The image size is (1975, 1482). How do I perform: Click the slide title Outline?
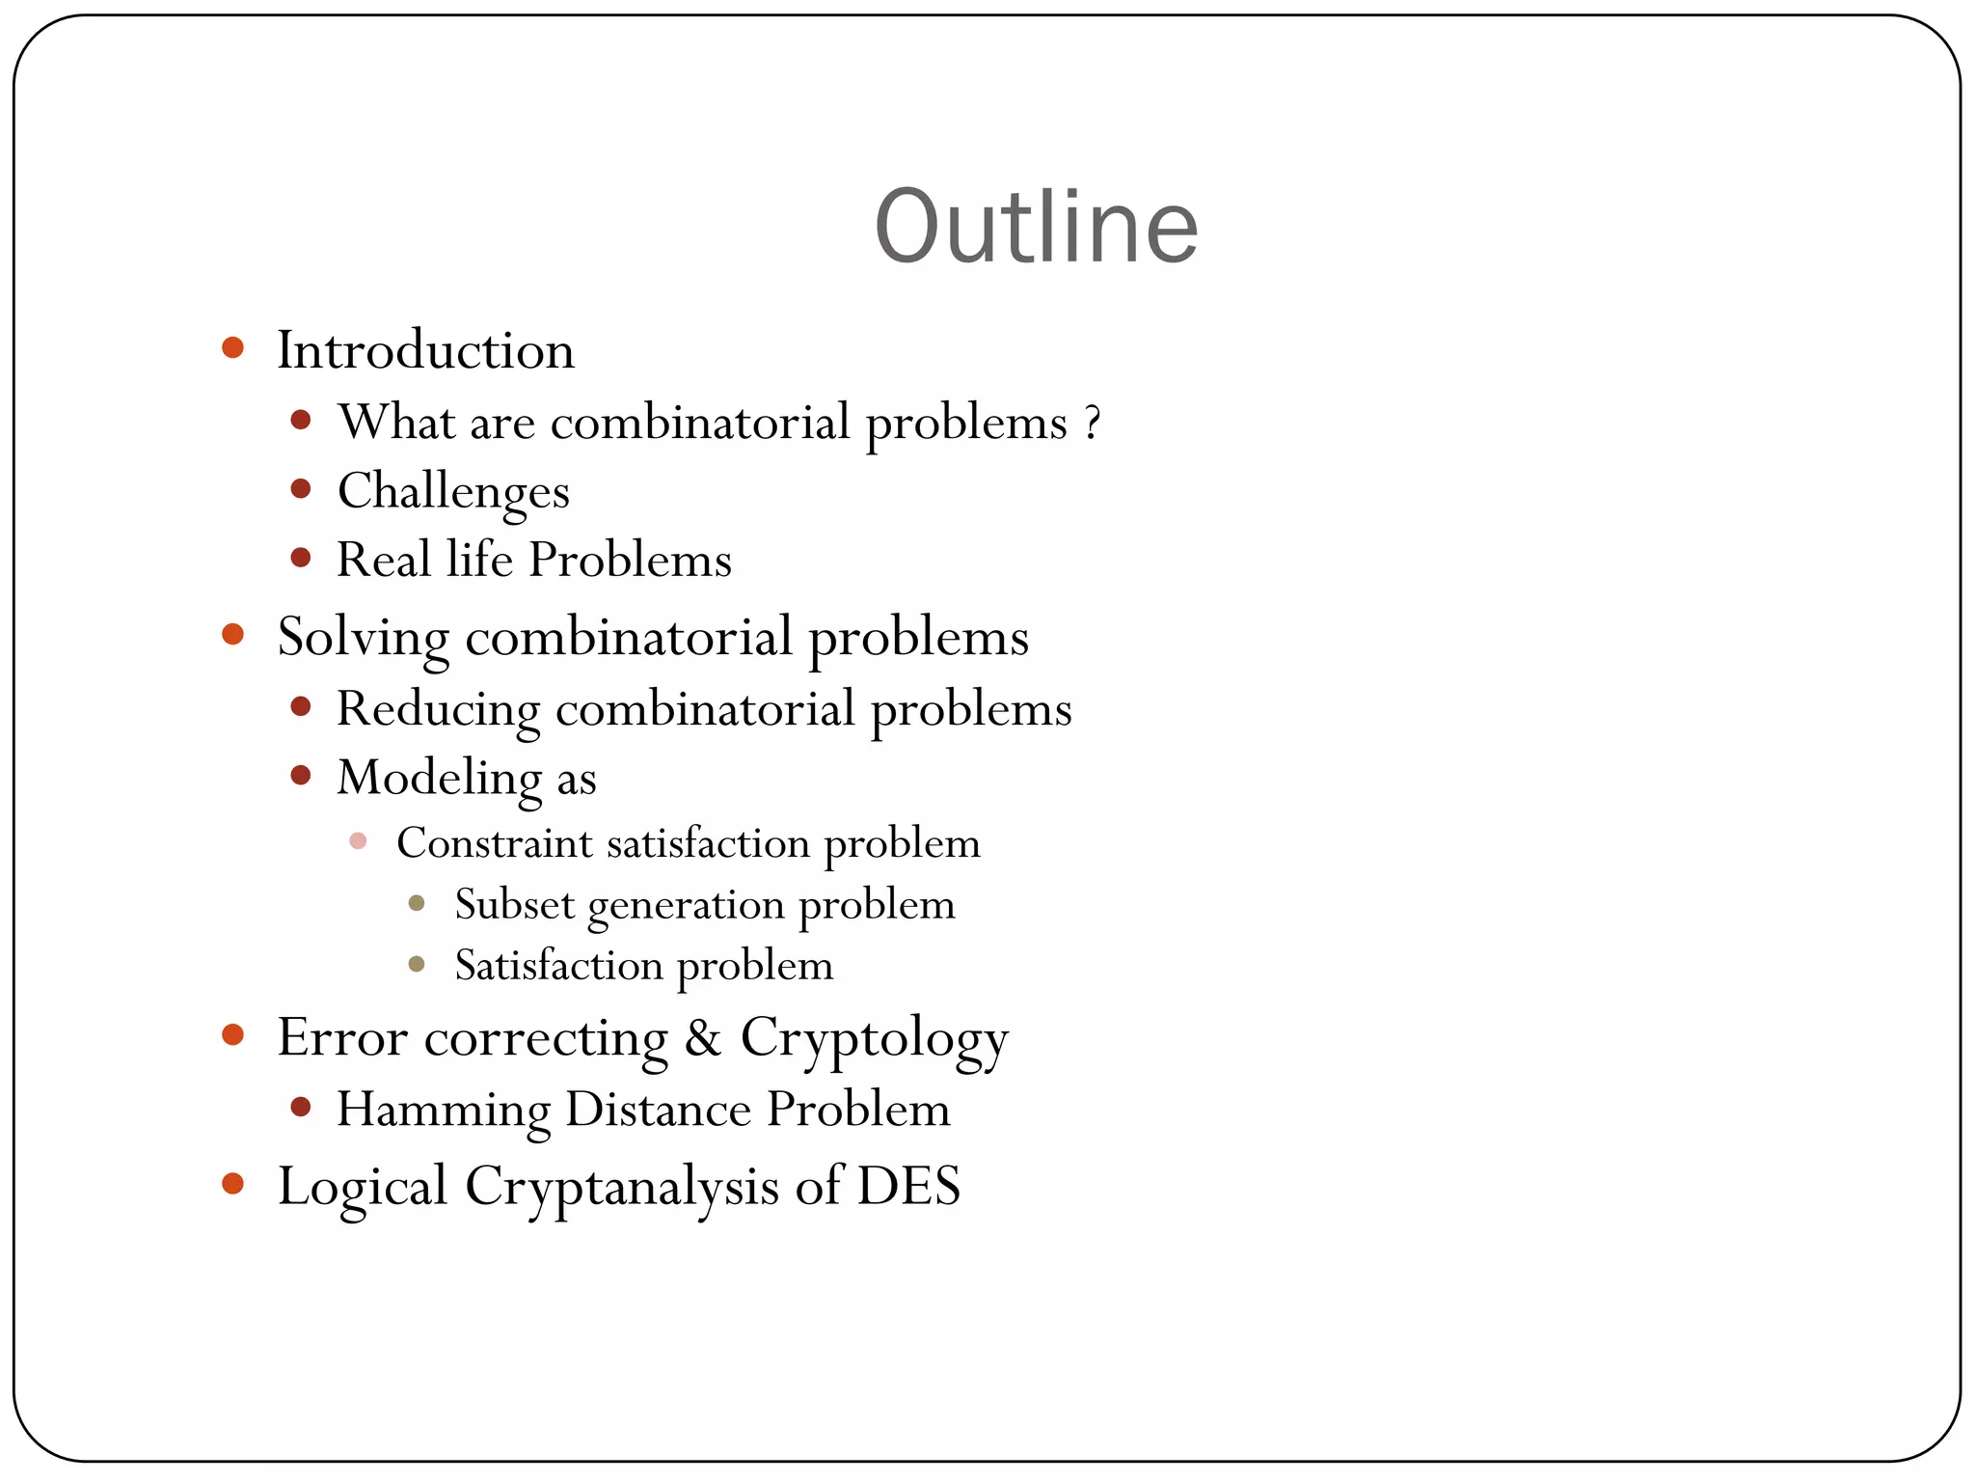pyautogui.click(x=1036, y=227)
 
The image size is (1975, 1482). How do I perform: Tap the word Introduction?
pyautogui.click(x=425, y=349)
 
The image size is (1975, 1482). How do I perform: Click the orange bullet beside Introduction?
pyautogui.click(x=232, y=347)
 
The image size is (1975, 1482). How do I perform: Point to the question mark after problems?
pyautogui.click(x=1092, y=423)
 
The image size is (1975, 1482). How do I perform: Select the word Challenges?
pyautogui.click(x=453, y=492)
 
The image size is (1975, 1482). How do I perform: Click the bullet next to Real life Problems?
pyautogui.click(x=301, y=558)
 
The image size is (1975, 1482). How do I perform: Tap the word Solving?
pyautogui.click(x=364, y=638)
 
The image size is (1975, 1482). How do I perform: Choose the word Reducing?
pyautogui.click(x=438, y=710)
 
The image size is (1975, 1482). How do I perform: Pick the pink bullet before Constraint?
pyautogui.click(x=358, y=841)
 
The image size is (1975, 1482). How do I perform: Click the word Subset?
pyautogui.click(x=515, y=905)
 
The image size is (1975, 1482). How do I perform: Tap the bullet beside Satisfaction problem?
pyautogui.click(x=417, y=964)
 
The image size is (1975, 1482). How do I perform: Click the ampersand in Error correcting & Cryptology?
pyautogui.click(x=703, y=1038)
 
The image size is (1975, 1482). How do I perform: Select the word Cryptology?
pyautogui.click(x=874, y=1040)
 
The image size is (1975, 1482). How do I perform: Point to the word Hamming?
pyautogui.click(x=444, y=1110)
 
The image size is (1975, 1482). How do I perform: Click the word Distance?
pyautogui.click(x=658, y=1109)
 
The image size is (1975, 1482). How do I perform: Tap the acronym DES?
pyautogui.click(x=908, y=1186)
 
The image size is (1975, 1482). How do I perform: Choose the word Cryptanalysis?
pyautogui.click(x=622, y=1188)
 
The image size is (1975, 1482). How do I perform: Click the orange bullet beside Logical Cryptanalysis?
pyautogui.click(x=232, y=1184)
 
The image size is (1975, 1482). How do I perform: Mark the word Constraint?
pyautogui.click(x=494, y=843)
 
